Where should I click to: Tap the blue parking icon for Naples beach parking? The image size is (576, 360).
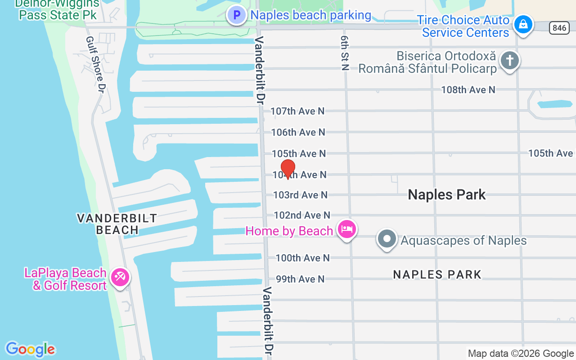237,15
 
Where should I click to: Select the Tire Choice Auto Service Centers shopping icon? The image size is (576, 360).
523,24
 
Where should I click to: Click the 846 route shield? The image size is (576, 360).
559,28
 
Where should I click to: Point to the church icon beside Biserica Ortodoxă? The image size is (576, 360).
510,60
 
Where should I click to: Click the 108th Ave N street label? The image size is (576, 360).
468,90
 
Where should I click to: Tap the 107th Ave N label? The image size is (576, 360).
297,111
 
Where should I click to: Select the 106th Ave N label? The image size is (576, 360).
298,132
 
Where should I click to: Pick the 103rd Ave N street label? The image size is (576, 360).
301,195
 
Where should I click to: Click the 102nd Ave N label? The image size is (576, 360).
302,215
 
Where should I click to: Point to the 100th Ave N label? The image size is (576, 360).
303,258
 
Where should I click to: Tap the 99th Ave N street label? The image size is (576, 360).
300,279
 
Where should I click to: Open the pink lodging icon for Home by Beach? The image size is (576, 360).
347,229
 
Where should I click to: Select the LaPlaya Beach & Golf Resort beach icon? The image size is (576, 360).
120,277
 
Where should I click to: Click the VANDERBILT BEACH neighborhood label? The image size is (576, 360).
117,224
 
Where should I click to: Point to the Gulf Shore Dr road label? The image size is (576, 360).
95,63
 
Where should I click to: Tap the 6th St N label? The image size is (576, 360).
345,54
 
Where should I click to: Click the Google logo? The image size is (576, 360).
30,349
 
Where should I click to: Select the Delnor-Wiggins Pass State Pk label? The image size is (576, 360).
57,9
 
